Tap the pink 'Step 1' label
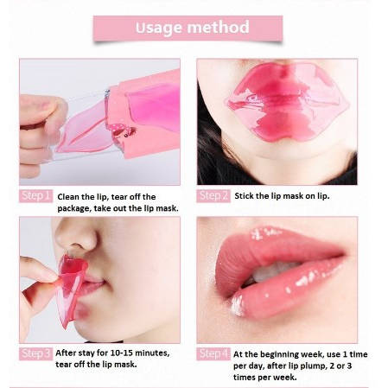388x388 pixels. point(36,195)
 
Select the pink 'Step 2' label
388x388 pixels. point(213,195)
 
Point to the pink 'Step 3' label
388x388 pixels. point(36,353)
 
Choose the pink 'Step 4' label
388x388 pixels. point(213,353)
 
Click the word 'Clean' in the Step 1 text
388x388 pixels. point(71,196)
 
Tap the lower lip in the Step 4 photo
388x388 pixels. point(277,298)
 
